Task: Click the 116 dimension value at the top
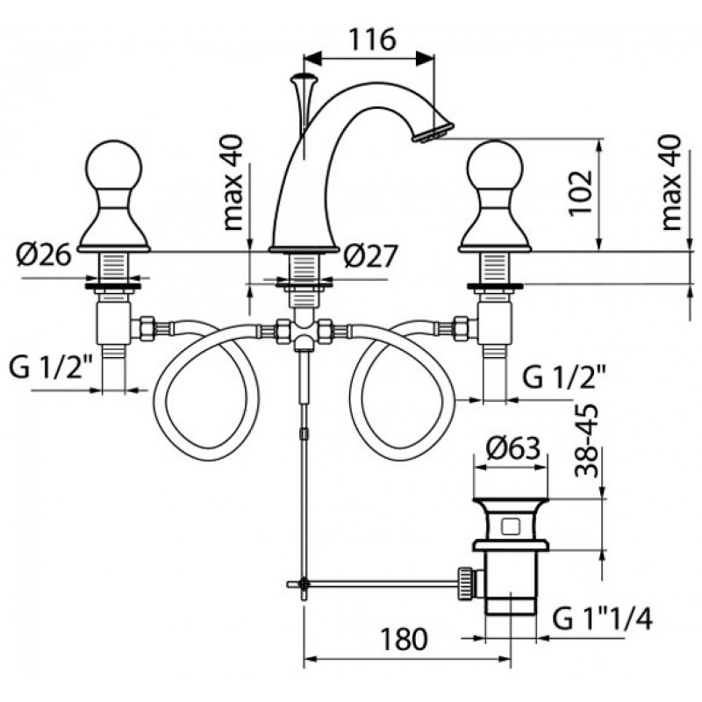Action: coord(372,39)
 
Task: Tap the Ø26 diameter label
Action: coord(44,255)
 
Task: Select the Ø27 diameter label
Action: coord(369,256)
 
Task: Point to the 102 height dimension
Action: coord(582,192)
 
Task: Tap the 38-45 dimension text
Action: coord(586,441)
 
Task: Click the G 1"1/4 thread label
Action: coord(602,620)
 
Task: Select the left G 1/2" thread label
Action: coord(51,369)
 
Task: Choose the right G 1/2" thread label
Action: coord(564,377)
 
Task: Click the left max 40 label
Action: coord(233,183)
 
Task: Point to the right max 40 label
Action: coord(670,183)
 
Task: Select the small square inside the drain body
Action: coord(511,526)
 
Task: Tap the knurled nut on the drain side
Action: coord(466,583)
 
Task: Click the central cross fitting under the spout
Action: coord(304,332)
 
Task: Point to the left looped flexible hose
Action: coord(207,390)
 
